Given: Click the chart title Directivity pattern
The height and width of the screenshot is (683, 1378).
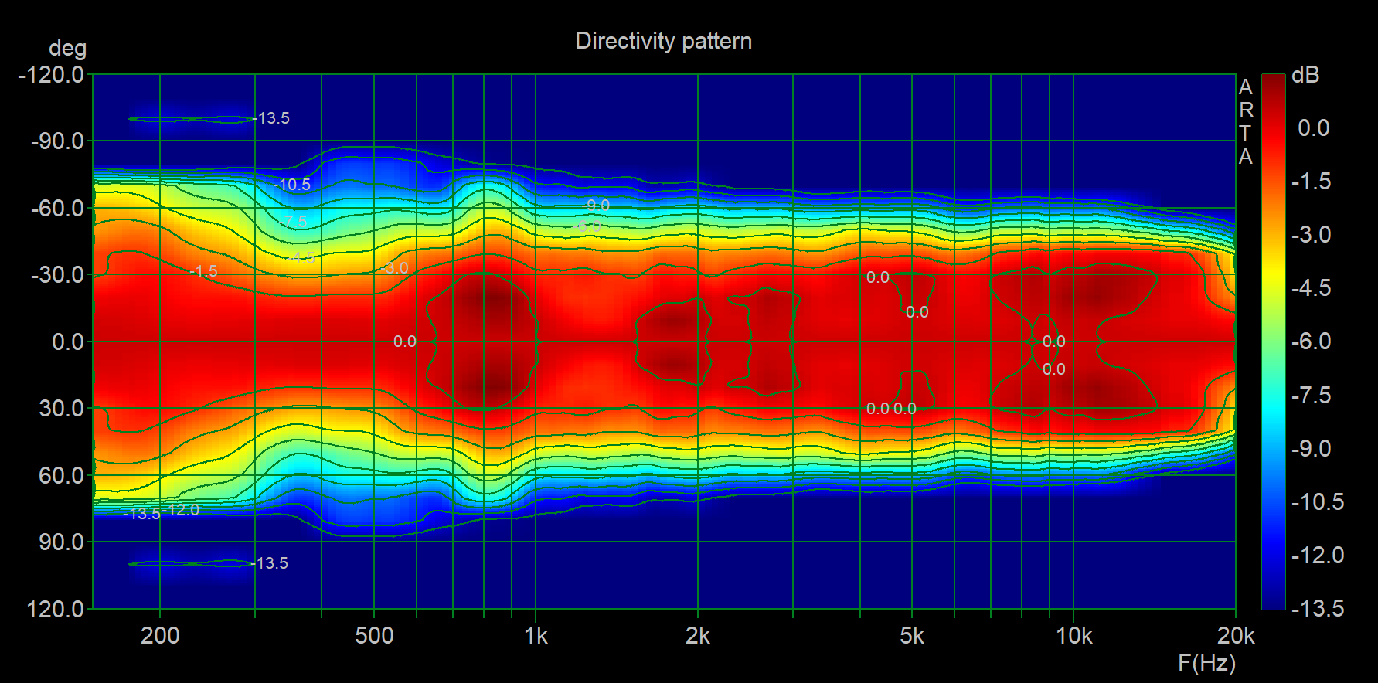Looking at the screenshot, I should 663,41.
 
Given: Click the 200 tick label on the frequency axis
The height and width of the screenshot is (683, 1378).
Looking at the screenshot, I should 160,636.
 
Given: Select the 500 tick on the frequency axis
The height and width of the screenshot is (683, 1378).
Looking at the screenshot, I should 374,636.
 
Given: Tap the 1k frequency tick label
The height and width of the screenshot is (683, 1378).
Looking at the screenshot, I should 536,636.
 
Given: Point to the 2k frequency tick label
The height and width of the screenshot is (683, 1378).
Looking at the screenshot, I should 697,636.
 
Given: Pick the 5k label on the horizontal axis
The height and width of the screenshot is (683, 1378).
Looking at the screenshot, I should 912,636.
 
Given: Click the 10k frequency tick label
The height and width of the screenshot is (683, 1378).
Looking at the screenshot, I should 1073,636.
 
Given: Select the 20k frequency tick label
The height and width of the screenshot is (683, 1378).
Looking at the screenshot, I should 1235,636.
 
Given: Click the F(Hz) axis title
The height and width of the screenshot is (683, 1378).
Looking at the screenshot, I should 1206,662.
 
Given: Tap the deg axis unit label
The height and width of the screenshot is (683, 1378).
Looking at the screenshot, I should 67,49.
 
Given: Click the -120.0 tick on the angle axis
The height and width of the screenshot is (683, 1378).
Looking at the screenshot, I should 51,75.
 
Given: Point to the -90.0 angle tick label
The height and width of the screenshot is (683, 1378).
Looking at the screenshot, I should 57,141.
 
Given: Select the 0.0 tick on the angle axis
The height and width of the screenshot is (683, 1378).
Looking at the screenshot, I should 68,341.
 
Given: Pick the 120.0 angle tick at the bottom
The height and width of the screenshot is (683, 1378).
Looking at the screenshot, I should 56,609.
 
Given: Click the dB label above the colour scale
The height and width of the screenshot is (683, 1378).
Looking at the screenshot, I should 1305,76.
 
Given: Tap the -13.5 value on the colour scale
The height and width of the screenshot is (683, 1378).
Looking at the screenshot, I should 1318,609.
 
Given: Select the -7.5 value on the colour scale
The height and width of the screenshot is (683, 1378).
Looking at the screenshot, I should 1312,396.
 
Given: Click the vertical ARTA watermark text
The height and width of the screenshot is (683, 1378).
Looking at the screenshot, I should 1245,122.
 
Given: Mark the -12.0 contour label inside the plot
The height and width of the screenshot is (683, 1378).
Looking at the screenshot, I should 182,510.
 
